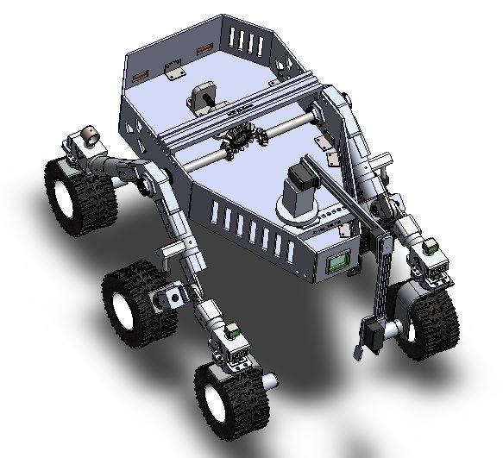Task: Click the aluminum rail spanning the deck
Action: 233,109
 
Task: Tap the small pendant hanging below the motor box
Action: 355,353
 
